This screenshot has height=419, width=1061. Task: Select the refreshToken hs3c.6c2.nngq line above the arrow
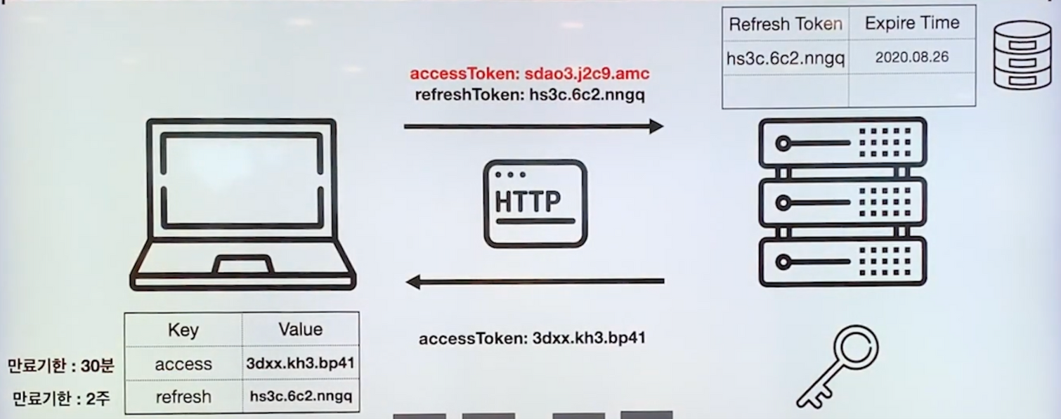coord(530,94)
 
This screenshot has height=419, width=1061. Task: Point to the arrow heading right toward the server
coord(533,127)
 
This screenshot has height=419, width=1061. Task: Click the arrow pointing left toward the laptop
coord(535,282)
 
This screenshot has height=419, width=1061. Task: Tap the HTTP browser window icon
coord(535,203)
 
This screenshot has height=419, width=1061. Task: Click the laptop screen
coord(242,179)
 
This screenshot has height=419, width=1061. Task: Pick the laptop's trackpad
coord(243,266)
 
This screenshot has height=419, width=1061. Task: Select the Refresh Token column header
coord(785,25)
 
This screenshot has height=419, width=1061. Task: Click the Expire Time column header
coord(911,24)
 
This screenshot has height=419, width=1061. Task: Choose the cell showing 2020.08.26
coord(911,58)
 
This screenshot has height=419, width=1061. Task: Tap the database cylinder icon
coord(1022,55)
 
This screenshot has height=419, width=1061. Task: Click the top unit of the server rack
coord(842,143)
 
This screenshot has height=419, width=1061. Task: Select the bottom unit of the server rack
coord(842,262)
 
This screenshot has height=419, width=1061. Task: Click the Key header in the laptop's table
coord(183,330)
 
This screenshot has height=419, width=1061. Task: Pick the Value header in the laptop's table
coord(300,329)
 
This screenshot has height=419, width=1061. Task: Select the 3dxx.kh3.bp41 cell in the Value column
coord(300,364)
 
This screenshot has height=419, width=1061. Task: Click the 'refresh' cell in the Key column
coord(183,397)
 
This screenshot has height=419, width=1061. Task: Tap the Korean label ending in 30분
coord(60,366)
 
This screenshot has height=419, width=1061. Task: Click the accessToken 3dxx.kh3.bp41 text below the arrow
coord(532,338)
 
